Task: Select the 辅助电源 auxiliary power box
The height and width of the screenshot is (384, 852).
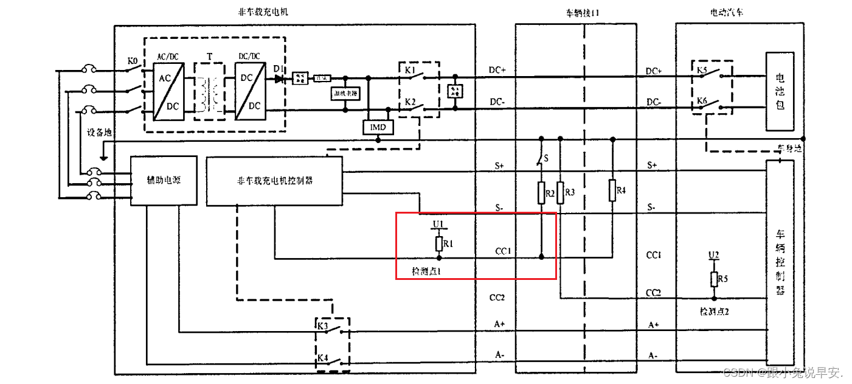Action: [x=163, y=181]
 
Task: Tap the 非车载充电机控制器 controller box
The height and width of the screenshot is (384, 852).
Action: [x=274, y=181]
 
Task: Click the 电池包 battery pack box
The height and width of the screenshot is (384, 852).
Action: [x=780, y=91]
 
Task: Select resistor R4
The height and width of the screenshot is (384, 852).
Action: [x=612, y=190]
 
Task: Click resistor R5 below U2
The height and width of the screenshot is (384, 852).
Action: [x=715, y=279]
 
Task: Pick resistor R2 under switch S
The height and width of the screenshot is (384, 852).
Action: [x=541, y=194]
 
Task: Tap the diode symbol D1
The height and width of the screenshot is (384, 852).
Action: [x=279, y=78]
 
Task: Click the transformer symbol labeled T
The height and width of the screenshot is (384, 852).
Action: [x=210, y=91]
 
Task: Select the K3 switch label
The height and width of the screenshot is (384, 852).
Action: [x=322, y=326]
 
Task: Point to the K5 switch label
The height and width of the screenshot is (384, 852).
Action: [x=702, y=70]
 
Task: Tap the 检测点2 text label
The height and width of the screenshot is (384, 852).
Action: [x=714, y=312]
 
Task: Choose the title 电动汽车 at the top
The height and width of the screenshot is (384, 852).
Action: [x=726, y=12]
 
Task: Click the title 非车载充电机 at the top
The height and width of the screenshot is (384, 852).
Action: [x=263, y=12]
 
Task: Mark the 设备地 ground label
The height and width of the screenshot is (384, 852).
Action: [x=99, y=133]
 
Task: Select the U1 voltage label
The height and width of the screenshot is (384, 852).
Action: [x=438, y=225]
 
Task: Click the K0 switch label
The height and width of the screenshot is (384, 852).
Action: [x=133, y=61]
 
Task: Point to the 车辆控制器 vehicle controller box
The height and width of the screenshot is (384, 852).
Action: [x=781, y=262]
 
